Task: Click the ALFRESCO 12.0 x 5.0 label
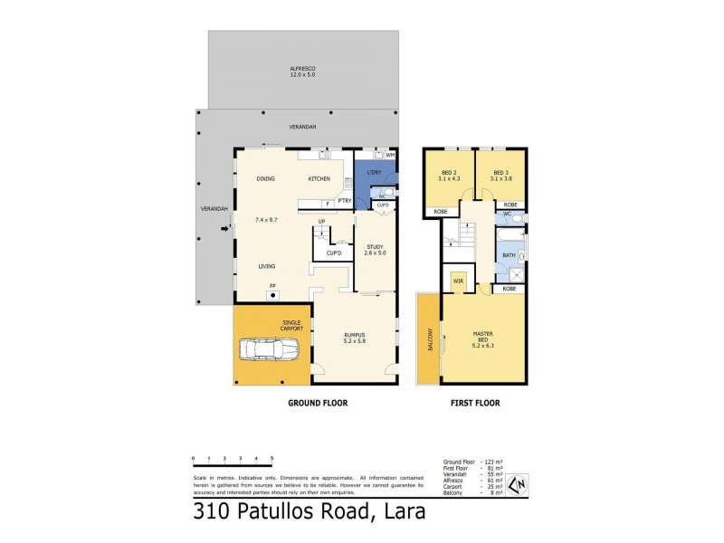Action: click(301, 71)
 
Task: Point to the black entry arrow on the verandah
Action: click(225, 229)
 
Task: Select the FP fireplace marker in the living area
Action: click(271, 287)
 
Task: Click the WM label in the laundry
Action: click(389, 156)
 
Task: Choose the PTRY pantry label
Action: click(344, 200)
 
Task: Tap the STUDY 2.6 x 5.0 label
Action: click(375, 249)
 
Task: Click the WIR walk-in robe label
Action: click(458, 281)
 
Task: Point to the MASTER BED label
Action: click(482, 338)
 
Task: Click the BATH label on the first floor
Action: click(509, 256)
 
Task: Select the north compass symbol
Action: click(517, 485)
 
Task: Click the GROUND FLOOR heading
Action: click(318, 403)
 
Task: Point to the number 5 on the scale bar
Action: click(271, 459)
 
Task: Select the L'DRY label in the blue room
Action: click(373, 173)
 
